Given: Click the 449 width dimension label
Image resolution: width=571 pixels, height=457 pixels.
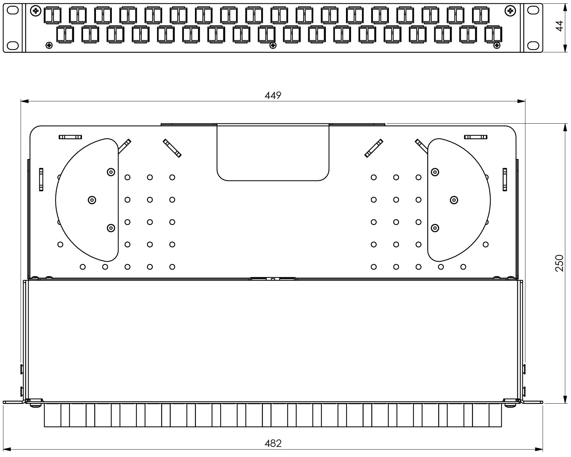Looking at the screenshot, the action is click(273, 96).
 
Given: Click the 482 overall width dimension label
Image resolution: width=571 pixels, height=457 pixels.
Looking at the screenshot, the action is click(273, 443).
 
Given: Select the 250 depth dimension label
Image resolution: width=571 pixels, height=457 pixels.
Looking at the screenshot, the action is click(559, 263).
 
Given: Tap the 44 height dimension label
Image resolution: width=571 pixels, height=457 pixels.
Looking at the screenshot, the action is click(560, 26).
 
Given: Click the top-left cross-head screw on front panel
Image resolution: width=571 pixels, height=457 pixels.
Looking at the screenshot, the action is click(35, 11).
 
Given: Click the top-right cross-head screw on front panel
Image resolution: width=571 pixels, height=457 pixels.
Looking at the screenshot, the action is click(510, 11).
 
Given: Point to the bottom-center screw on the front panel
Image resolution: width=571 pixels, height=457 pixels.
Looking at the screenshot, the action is click(273, 45).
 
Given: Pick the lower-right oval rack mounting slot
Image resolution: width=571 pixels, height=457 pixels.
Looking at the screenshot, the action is click(533, 45).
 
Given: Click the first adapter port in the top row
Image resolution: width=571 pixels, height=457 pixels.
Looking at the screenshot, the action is click(52, 15).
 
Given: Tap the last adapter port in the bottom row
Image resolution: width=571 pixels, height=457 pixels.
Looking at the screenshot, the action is click(493, 34).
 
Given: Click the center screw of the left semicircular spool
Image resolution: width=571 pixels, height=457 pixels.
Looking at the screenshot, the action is click(92, 200).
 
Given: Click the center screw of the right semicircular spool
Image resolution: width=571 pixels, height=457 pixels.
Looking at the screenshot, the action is click(454, 200).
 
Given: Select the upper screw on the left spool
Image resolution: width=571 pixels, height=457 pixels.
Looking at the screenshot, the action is click(110, 172).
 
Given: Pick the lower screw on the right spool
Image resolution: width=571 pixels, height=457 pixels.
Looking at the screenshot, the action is click(435, 228).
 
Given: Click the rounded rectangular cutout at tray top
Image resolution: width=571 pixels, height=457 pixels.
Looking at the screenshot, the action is click(273, 152).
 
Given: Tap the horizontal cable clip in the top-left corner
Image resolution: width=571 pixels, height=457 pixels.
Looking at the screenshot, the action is click(70, 137).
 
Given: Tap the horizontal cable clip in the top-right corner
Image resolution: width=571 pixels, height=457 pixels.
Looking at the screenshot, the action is click(476, 137).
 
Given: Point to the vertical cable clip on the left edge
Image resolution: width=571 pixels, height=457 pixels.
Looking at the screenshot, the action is click(41, 180).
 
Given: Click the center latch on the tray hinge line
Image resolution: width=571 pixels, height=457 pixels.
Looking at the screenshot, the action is click(273, 279).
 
